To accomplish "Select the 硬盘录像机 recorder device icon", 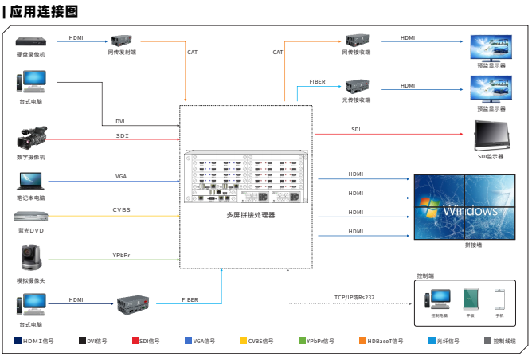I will coord(31,41).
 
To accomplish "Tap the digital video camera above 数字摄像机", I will coord(31,138).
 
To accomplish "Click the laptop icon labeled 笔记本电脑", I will coord(31,180).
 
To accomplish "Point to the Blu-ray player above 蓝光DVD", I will coord(31,215).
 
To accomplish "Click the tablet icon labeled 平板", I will coord(470,299).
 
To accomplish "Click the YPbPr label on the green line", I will coord(122,254).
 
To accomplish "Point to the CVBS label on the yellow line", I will coord(122,209).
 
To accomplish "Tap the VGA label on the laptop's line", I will coord(121,175).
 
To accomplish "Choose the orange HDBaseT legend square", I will coord(362,341).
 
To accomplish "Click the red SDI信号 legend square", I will coord(135,341).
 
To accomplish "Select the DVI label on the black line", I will coord(120,122).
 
